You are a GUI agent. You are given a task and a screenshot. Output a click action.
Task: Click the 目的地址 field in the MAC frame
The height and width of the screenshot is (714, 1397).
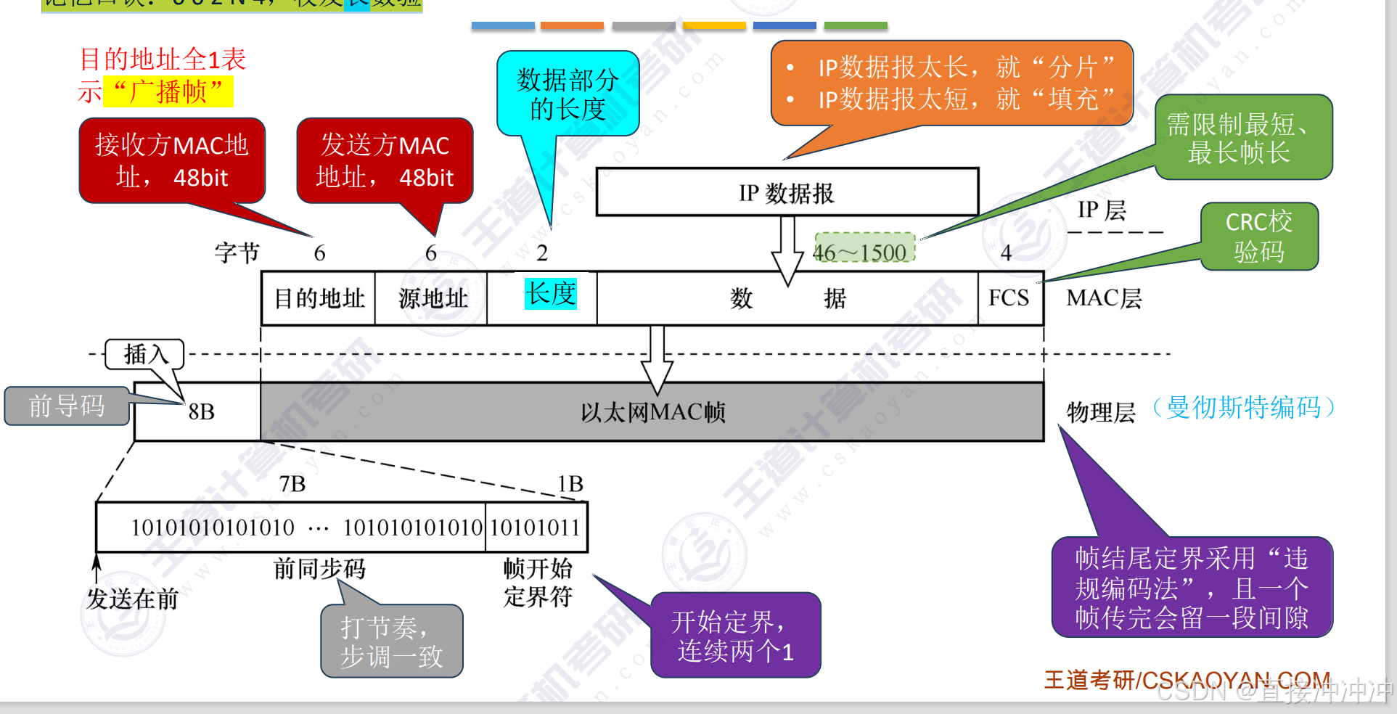pyautogui.click(x=319, y=298)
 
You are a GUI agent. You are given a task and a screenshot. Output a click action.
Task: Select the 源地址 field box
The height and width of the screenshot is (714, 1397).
pyautogui.click(x=432, y=298)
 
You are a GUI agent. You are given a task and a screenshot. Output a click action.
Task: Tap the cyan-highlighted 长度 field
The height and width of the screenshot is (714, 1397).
pyautogui.click(x=551, y=294)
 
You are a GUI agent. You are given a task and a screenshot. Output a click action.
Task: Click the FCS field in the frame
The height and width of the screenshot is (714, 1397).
pyautogui.click(x=1009, y=298)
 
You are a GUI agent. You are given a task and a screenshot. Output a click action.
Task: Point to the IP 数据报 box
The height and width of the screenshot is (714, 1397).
pyautogui.click(x=787, y=193)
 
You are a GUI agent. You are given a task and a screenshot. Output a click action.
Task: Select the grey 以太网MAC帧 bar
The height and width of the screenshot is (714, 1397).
pyautogui.click(x=652, y=412)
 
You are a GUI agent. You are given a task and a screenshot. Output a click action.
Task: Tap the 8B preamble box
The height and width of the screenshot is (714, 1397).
pyautogui.click(x=198, y=412)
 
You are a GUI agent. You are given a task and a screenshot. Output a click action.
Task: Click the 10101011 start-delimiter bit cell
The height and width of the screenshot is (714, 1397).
pyautogui.click(x=536, y=528)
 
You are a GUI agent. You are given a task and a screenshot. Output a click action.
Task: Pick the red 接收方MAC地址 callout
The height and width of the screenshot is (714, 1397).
pyautogui.click(x=172, y=160)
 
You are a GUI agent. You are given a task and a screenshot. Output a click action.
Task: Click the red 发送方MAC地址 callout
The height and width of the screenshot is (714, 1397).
pyautogui.click(x=385, y=160)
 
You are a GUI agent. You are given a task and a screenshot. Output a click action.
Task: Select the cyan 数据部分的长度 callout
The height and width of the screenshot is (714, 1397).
pyautogui.click(x=568, y=94)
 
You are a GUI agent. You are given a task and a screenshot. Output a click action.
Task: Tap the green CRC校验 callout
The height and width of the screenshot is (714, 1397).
pyautogui.click(x=1258, y=237)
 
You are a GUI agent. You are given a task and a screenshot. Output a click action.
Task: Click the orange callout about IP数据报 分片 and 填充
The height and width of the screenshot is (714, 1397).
pyautogui.click(x=951, y=83)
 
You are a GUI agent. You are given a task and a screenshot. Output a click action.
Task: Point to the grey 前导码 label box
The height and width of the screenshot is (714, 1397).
pyautogui.click(x=67, y=406)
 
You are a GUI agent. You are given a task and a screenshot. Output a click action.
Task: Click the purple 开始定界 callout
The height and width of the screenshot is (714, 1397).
pyautogui.click(x=735, y=636)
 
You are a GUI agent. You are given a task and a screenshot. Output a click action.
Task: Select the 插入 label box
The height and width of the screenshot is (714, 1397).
pyautogui.click(x=144, y=354)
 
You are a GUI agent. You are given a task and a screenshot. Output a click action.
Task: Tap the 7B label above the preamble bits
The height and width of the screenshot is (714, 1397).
pyautogui.click(x=292, y=483)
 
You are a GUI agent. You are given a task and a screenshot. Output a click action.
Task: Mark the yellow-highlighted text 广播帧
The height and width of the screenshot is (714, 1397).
pyautogui.click(x=168, y=92)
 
